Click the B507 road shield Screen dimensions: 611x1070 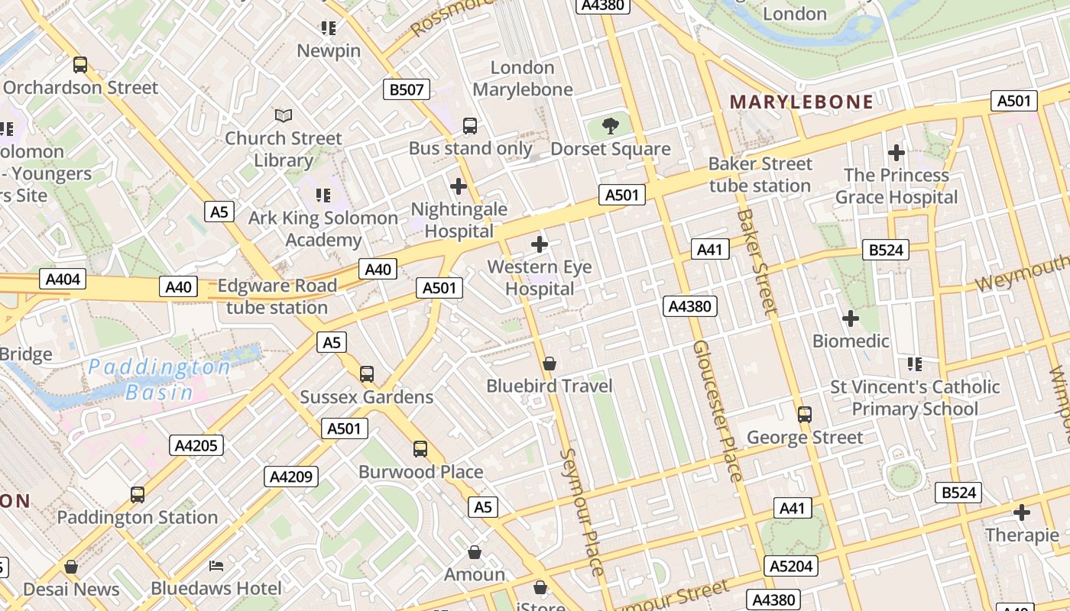point(407,89)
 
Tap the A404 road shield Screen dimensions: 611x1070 point(63,280)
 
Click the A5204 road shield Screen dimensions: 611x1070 point(792,566)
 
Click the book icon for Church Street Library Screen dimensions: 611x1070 point(284,116)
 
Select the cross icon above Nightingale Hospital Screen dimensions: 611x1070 point(459,186)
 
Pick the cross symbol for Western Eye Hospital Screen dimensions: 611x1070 point(540,244)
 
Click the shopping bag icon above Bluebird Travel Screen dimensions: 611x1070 point(550,364)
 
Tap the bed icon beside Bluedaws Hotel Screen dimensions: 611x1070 point(217,566)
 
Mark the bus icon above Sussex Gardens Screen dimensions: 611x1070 point(367,374)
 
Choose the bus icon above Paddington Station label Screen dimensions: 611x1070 point(138,495)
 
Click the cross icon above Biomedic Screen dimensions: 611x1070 point(851,318)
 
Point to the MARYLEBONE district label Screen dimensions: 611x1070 point(802,102)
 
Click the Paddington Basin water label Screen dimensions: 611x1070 point(159,380)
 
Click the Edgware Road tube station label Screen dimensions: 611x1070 point(277,296)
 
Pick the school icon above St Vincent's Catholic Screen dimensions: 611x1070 point(915,364)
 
